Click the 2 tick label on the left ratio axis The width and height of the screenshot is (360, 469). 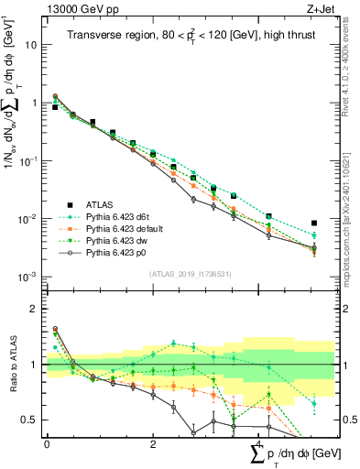(36, 309)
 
